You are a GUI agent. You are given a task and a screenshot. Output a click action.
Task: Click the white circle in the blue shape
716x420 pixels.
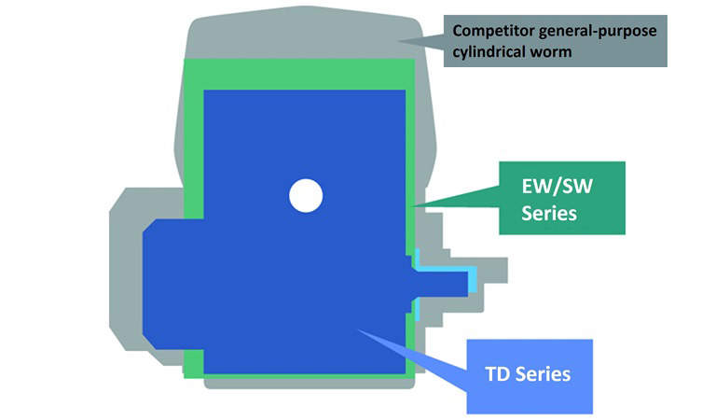click(305, 196)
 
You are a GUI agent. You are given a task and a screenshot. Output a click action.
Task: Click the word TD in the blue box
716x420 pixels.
click(499, 375)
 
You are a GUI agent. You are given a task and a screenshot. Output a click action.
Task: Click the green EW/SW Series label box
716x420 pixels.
click(560, 198)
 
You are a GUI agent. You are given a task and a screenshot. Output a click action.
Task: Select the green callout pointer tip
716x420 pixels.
click(421, 203)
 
